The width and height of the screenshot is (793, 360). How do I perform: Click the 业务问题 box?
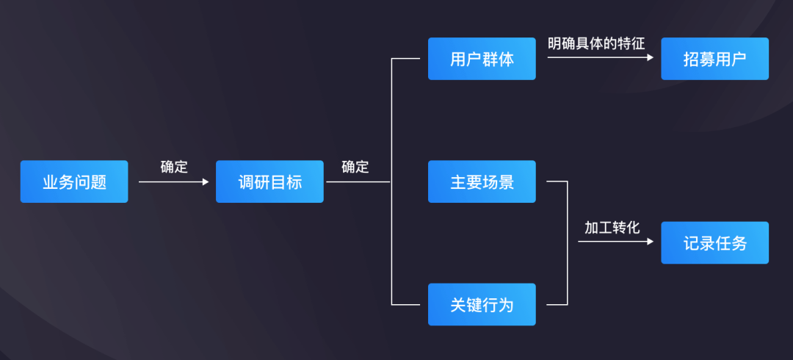coord(74,181)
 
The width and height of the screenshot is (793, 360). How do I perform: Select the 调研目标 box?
coord(269,181)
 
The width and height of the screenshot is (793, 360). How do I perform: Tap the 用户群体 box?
coord(482,59)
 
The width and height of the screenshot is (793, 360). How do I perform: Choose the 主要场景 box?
coord(482,181)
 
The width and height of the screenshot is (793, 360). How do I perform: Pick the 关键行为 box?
coord(482,304)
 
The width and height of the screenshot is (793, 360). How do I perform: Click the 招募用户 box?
coord(714,59)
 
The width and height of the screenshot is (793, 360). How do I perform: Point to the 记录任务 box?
coord(714,243)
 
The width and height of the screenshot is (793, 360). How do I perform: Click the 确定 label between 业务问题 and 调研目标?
coord(174,167)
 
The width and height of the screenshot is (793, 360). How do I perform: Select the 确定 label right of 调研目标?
coord(355,167)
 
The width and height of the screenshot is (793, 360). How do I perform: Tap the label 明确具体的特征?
coord(596,43)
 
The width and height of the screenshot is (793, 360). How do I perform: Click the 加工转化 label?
coord(612,228)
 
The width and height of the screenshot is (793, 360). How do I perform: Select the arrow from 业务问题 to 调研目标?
coord(173,181)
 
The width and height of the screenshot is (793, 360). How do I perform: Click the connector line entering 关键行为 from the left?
coord(410,304)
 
